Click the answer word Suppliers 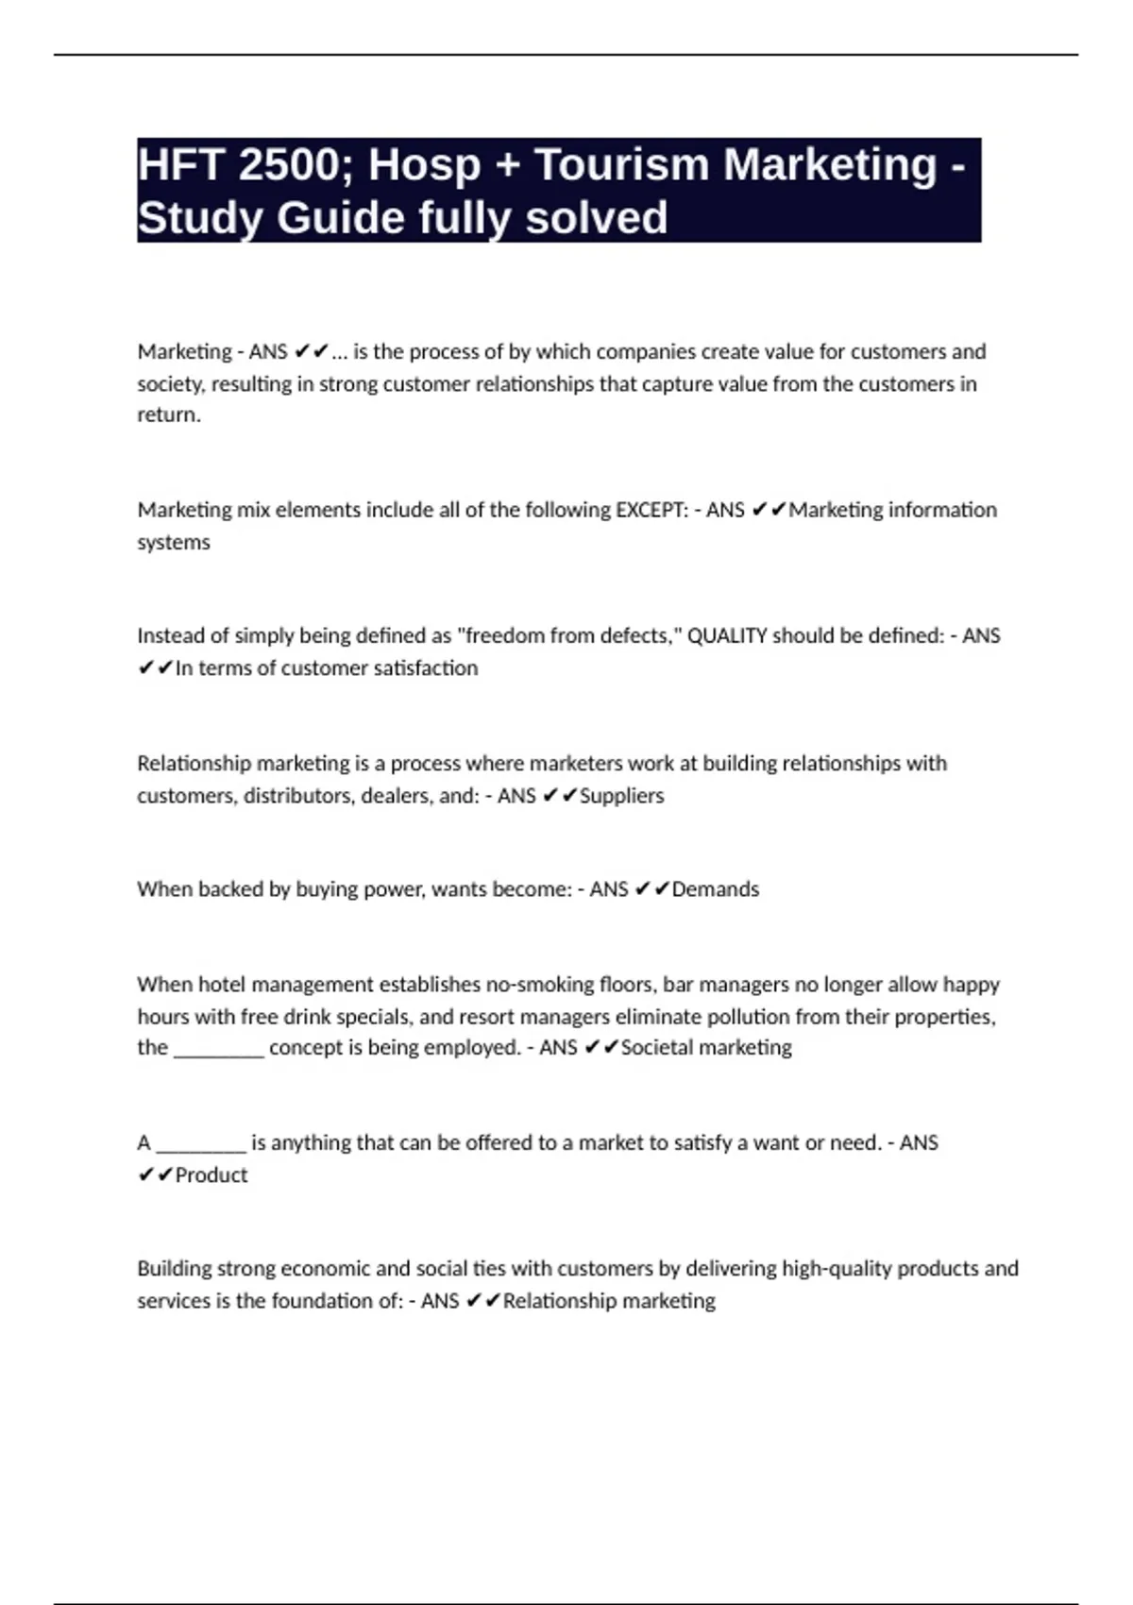[x=621, y=796]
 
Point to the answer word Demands [x=715, y=889]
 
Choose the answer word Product [x=211, y=1175]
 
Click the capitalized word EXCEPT [x=651, y=510]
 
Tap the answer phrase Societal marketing [x=706, y=1048]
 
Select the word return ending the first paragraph [x=168, y=415]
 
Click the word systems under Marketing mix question [x=174, y=543]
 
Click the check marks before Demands [x=651, y=889]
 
